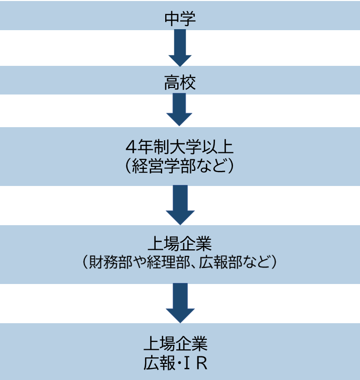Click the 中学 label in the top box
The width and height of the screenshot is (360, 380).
tap(180, 19)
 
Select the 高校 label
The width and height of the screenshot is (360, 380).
tap(180, 83)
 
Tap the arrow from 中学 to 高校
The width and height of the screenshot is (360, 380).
tap(180, 48)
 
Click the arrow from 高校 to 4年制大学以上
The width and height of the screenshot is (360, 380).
tap(180, 110)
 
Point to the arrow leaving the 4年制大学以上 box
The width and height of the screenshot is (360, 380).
tap(180, 205)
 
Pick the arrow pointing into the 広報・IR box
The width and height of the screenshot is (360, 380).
tap(180, 303)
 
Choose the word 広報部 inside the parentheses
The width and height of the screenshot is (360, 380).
tap(221, 262)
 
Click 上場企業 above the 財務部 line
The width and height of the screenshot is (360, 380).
tap(180, 245)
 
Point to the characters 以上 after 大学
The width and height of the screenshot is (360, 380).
tap(219, 149)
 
